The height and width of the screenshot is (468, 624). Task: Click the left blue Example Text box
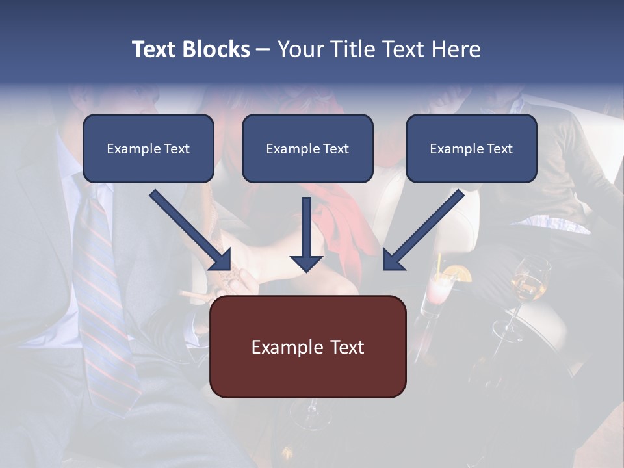click(148, 149)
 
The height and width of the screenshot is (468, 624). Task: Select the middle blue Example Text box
click(307, 149)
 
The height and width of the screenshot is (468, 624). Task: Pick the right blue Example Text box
click(471, 149)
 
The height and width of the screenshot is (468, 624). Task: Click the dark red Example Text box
click(307, 347)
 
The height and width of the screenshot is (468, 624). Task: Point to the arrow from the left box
click(191, 231)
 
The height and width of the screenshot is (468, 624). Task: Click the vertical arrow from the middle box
click(306, 234)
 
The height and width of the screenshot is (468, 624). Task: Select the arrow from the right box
click(422, 231)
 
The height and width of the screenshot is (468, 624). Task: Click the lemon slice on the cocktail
click(462, 274)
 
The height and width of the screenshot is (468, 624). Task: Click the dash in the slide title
click(263, 49)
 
